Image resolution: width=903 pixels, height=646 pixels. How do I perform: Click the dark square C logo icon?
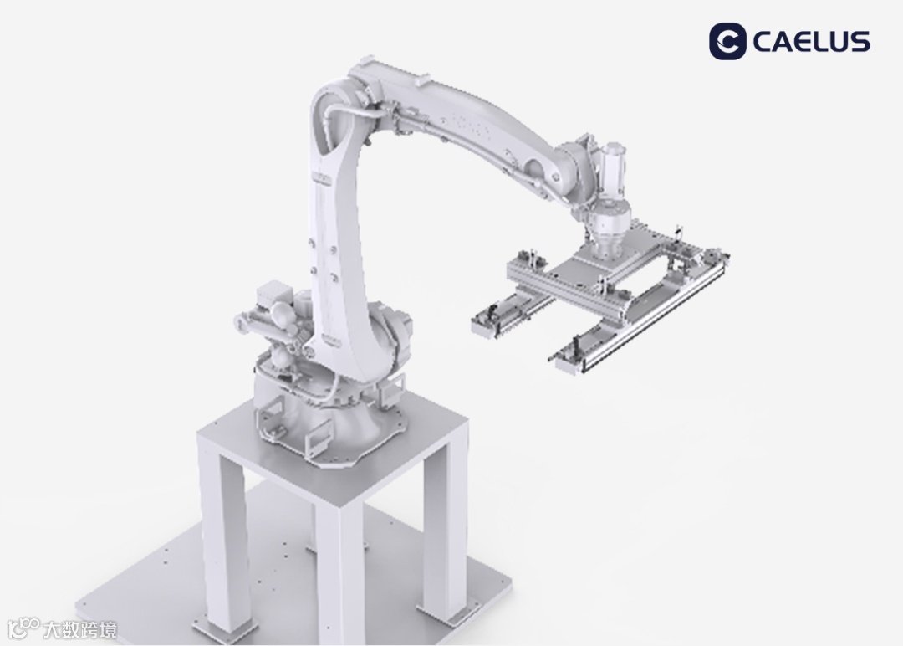tap(727, 42)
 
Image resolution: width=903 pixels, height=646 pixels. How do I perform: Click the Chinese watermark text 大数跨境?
tap(80, 629)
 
